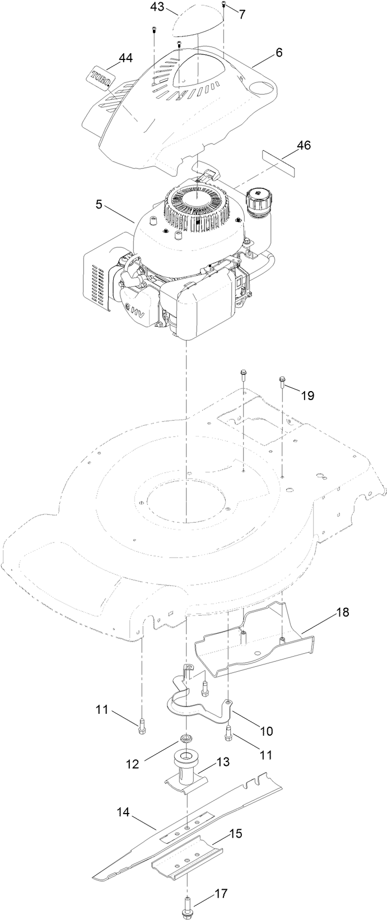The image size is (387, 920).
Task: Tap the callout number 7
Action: pos(242,15)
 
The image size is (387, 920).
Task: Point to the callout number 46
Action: pos(304,146)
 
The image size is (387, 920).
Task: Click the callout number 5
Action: pos(99,205)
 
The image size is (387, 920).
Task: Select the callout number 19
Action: pos(307,396)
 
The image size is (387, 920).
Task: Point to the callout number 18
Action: pos(342,612)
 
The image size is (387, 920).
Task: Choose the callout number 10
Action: pos(265,731)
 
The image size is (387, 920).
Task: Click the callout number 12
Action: pos(132,764)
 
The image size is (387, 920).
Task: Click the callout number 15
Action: pos(236,834)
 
